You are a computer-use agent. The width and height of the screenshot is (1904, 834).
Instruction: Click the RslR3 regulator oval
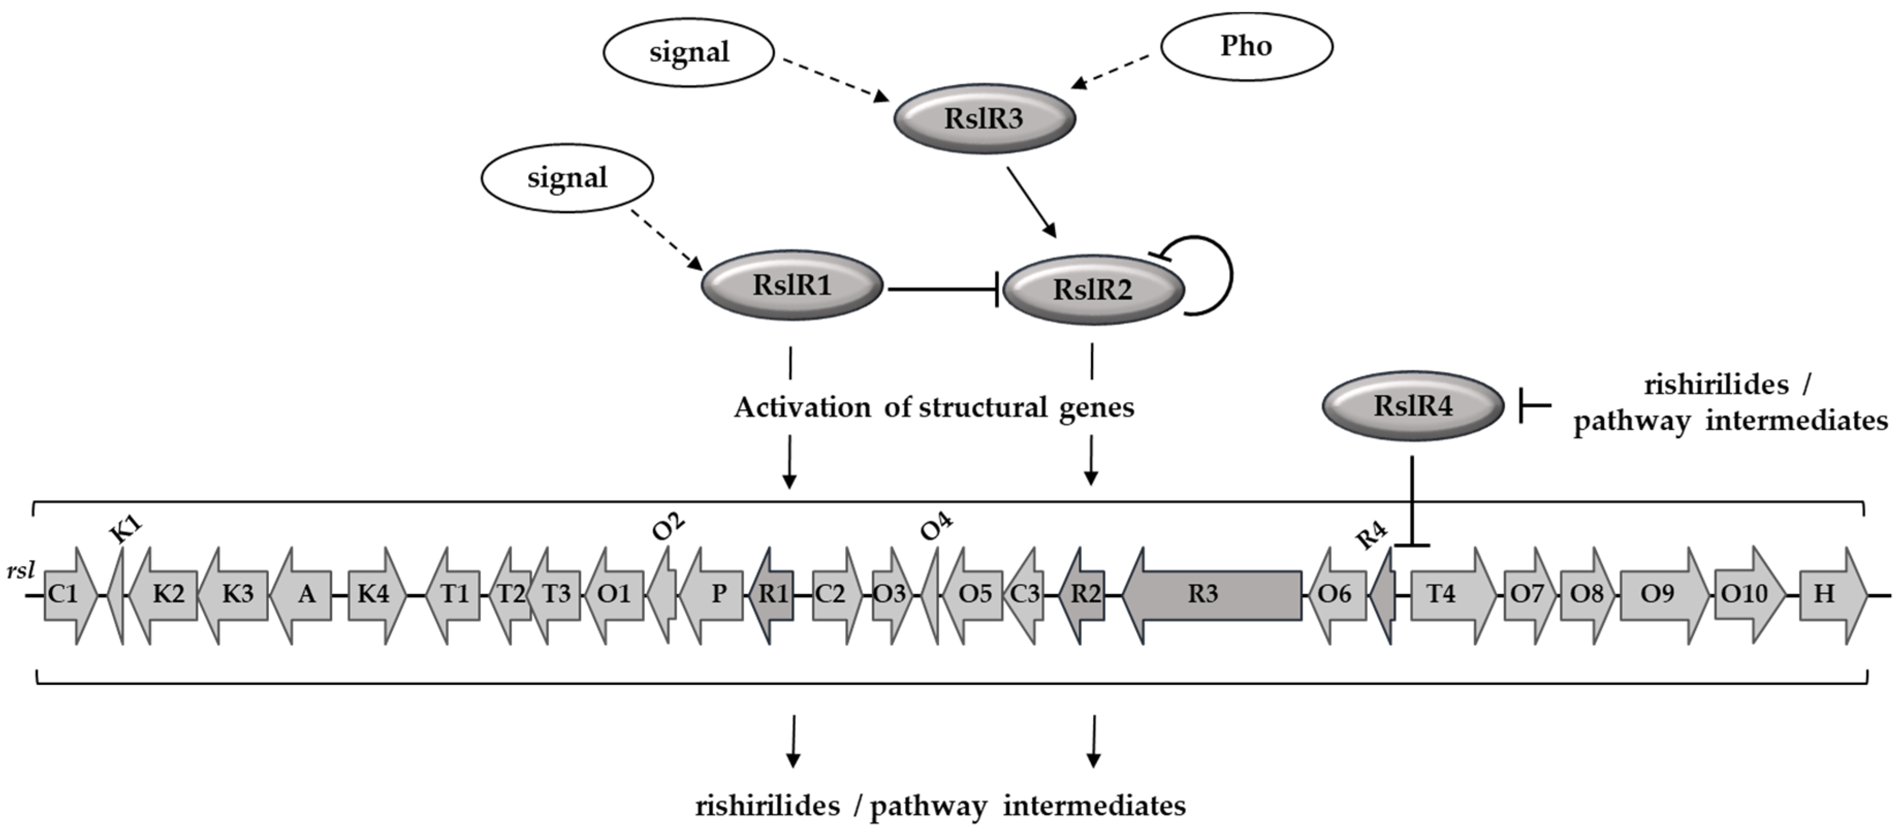coord(984,118)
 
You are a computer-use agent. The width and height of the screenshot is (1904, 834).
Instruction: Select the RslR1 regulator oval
coord(791,285)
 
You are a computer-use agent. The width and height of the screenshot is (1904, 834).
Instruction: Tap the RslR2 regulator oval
coord(1092,289)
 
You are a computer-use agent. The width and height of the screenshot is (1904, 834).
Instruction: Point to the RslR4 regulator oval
coord(1413,405)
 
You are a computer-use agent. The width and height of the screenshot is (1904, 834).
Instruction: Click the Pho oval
coord(1247,46)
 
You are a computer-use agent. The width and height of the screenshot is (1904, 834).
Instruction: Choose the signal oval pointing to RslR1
coord(567,177)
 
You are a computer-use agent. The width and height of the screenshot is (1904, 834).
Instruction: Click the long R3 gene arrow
coord(1212,595)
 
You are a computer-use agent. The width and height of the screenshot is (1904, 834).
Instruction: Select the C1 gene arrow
coord(70,595)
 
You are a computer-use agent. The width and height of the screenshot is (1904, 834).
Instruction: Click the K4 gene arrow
coord(377,595)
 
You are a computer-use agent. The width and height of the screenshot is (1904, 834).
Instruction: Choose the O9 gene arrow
coord(1664,595)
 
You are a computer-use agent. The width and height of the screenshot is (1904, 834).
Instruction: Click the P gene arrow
coord(711,595)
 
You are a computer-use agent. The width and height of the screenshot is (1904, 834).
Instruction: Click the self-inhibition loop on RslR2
coord(1231,275)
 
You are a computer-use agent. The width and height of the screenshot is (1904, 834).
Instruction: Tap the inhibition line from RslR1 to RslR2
coord(944,289)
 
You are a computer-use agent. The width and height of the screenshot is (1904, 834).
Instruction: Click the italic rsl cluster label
coord(21,571)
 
